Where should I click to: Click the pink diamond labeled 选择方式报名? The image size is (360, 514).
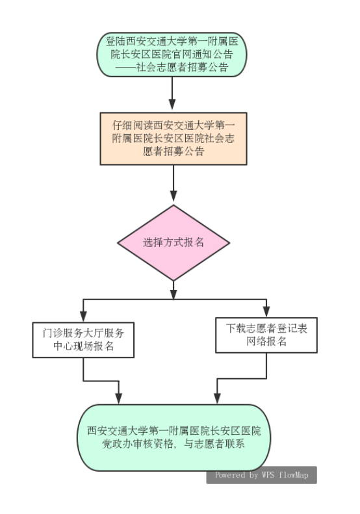click(174, 242)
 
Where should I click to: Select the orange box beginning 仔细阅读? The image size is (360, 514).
click(174, 138)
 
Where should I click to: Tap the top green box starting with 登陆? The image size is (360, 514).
click(172, 55)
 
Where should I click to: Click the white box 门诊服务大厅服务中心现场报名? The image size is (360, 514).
click(83, 340)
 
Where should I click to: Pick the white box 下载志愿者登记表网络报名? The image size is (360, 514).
click(266, 335)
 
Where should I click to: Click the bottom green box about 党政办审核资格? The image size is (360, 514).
click(174, 437)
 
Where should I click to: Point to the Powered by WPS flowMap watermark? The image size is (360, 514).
click(262, 475)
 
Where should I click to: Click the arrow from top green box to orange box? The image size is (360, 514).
click(172, 94)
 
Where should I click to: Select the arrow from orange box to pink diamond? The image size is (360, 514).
click(174, 183)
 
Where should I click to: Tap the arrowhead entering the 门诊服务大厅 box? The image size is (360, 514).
click(83, 316)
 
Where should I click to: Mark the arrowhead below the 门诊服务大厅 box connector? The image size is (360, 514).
click(119, 398)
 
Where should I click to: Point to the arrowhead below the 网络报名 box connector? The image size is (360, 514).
click(217, 398)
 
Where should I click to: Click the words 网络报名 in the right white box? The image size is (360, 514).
click(266, 341)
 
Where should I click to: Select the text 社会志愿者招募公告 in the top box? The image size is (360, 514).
click(183, 68)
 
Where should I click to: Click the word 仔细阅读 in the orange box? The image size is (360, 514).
click(133, 125)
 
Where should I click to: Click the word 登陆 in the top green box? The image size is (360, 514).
click(116, 42)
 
